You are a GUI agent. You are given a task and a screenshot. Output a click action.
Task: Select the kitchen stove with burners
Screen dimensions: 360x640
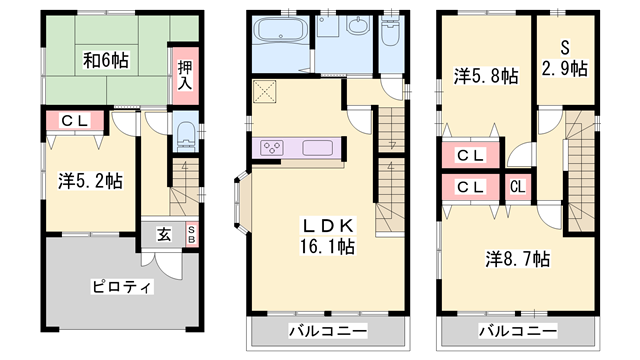pos(273,148)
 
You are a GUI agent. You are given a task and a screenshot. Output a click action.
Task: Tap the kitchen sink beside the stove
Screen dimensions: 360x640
pos(318,148)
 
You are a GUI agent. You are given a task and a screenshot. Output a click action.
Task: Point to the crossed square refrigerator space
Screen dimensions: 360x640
pos(266,93)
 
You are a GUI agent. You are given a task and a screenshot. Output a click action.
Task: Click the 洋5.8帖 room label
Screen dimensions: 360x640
pos(483,76)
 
